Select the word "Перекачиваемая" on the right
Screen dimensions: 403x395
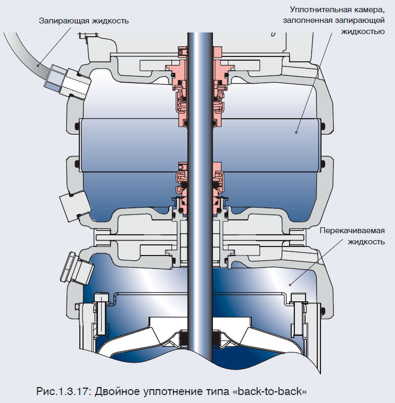coord(351,231)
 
